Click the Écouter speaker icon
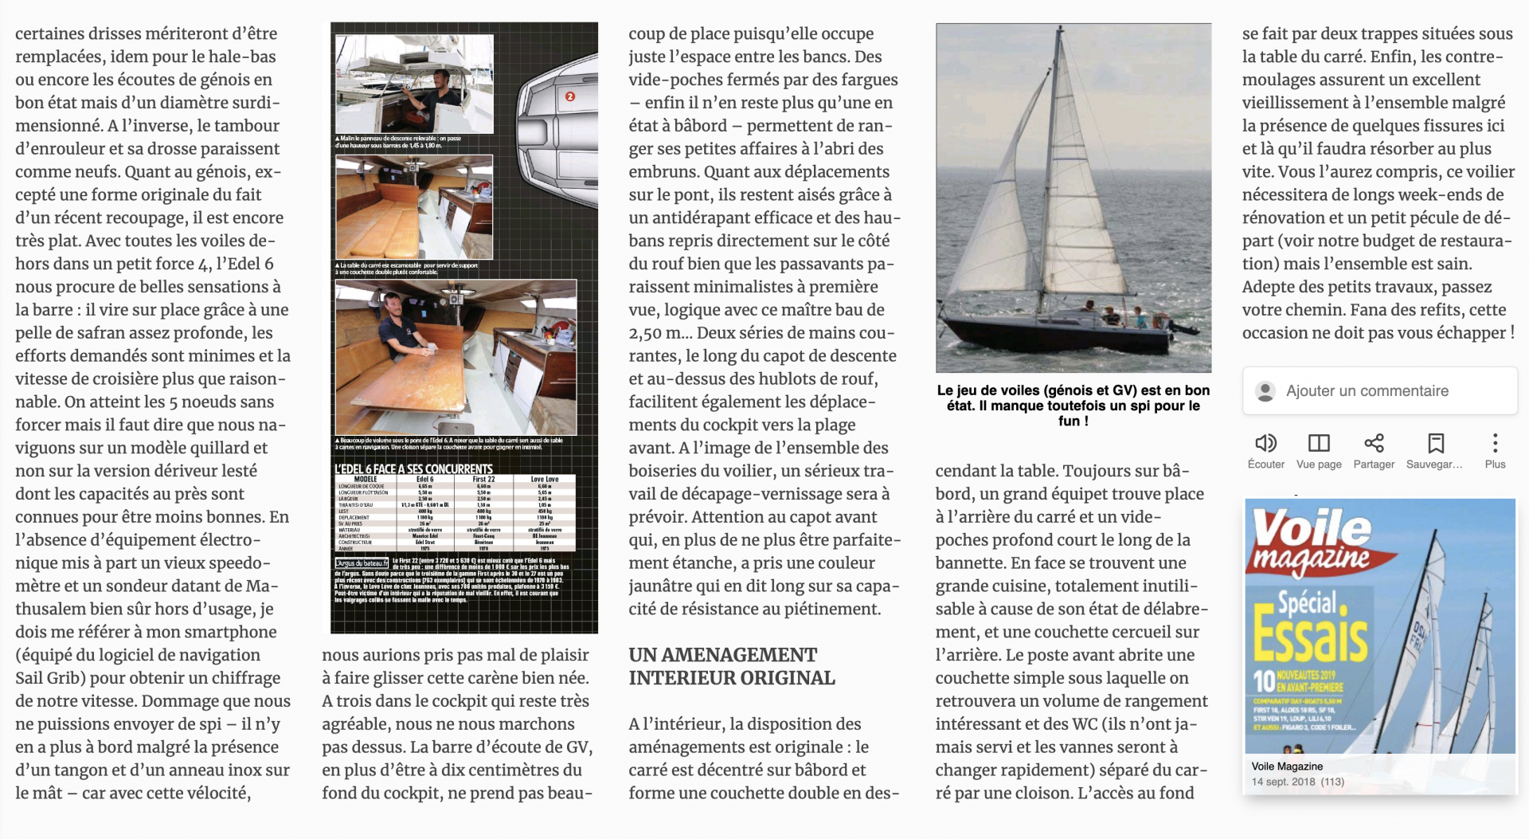pos(1265,443)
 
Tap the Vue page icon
pos(1319,443)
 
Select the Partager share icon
pos(1374,443)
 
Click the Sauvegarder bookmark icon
pos(1435,443)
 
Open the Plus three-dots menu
pos(1495,443)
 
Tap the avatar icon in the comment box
pos(1265,391)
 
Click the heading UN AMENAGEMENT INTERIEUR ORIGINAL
pos(731,666)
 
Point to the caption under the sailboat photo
pos(1073,405)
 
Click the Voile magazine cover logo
pos(1312,539)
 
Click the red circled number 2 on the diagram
pos(569,96)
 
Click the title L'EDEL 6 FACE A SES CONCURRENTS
pos(413,469)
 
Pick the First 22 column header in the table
pos(483,480)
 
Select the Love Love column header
pos(544,480)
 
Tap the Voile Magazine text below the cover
pos(1287,766)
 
